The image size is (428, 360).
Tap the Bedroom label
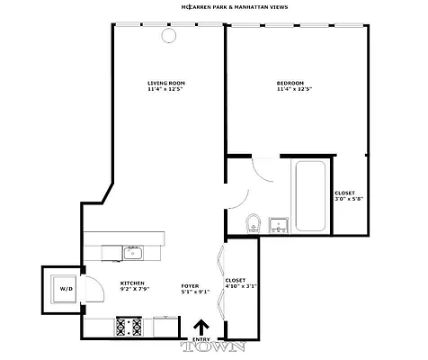click(x=290, y=84)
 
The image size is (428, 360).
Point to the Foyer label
click(x=190, y=283)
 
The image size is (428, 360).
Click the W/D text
click(x=66, y=289)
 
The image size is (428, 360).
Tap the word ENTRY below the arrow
click(x=201, y=341)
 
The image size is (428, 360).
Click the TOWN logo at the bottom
click(x=201, y=349)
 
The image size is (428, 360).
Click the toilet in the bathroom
click(x=254, y=221)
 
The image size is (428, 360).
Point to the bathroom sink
click(x=278, y=223)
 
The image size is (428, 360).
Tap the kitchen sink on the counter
click(x=133, y=251)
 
